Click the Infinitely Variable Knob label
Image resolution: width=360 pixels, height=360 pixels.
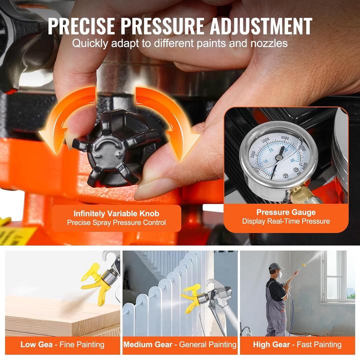(x=116, y=213)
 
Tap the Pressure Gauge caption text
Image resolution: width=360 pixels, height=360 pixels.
(x=285, y=212)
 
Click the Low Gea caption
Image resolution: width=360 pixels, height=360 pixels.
(x=62, y=344)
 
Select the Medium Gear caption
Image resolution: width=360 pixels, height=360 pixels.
(x=179, y=344)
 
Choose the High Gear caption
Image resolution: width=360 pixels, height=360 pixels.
(x=298, y=344)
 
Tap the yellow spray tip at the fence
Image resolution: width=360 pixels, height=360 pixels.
(x=192, y=295)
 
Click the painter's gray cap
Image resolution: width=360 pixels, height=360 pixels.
(x=274, y=266)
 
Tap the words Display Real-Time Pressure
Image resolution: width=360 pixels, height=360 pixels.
(x=285, y=221)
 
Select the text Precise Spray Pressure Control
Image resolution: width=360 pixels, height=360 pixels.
(x=116, y=223)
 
